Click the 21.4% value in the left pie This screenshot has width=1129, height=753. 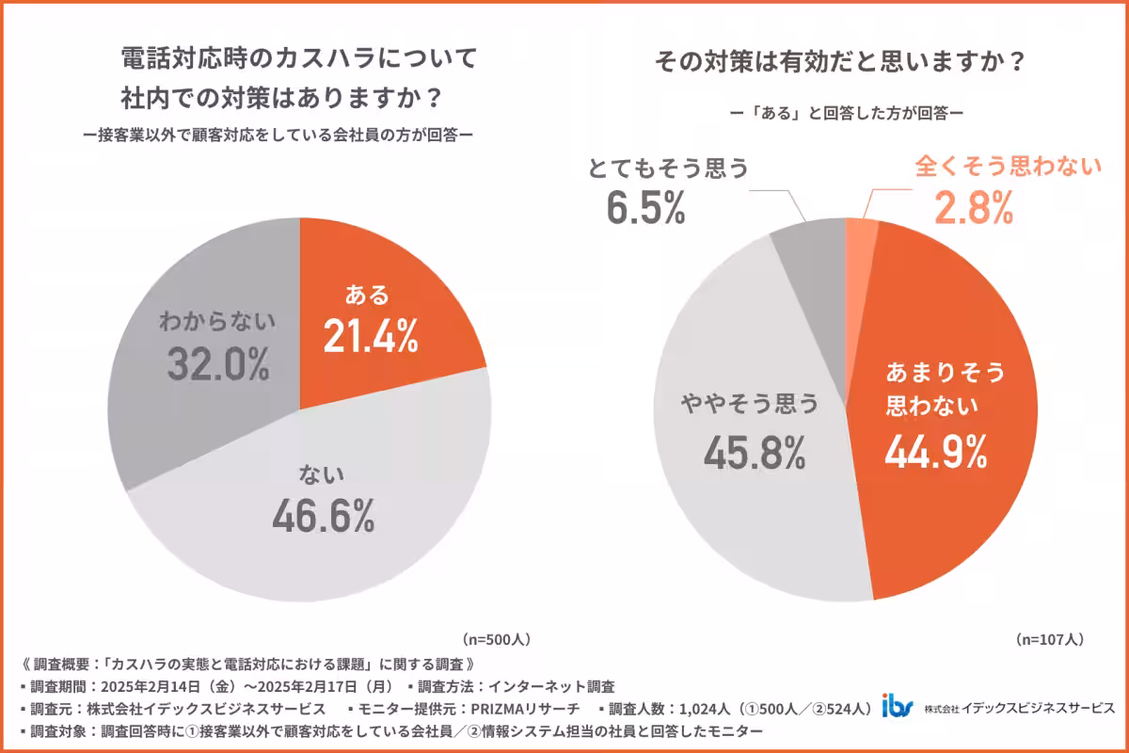(370, 336)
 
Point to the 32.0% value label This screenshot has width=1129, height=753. (217, 362)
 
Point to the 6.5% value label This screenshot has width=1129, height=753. (644, 208)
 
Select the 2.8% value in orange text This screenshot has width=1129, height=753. (973, 207)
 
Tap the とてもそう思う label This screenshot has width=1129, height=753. (668, 168)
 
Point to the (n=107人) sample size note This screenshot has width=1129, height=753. (1050, 638)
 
